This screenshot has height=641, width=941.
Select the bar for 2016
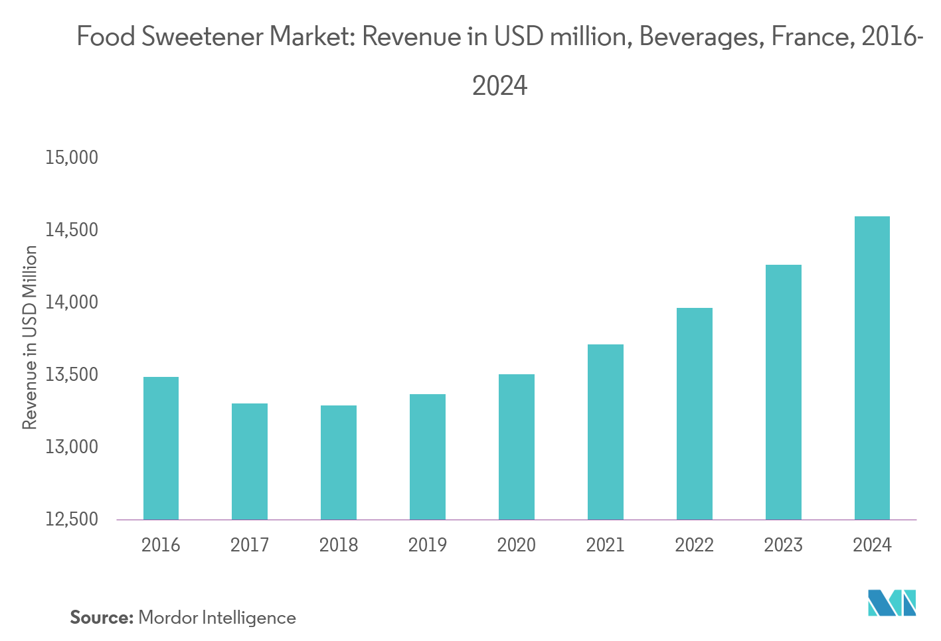161,448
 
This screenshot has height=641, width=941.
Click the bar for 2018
339,463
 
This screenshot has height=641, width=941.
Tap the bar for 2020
517,447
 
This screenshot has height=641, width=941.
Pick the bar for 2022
695,413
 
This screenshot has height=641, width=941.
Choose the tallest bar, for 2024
872,368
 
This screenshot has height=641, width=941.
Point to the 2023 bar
784,392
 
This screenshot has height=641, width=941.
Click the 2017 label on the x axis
250,545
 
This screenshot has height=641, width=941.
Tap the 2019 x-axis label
428,545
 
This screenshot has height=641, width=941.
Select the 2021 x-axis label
606,545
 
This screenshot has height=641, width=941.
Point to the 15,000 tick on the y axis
72,157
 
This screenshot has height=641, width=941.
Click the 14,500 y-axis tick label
72,230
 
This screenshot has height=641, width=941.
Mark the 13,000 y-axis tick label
72,447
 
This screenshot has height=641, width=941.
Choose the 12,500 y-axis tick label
72,519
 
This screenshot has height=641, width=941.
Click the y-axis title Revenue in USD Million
30,338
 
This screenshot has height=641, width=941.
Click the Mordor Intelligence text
217,618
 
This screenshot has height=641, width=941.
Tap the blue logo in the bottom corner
892,603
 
